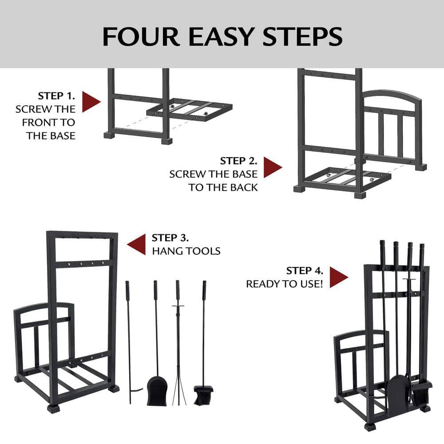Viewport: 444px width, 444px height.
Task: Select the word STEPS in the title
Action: (302, 36)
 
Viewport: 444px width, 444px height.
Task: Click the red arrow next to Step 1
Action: (91, 102)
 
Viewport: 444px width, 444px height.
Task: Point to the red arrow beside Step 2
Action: (272, 167)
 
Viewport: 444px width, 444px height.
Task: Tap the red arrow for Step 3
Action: (137, 244)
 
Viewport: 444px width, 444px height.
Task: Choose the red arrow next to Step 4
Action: (338, 277)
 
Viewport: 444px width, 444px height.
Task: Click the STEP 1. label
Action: (56, 96)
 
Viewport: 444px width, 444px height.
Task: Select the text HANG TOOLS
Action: (186, 251)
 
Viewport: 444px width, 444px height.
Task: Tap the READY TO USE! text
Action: (285, 284)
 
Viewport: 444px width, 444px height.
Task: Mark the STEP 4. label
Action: (305, 271)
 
